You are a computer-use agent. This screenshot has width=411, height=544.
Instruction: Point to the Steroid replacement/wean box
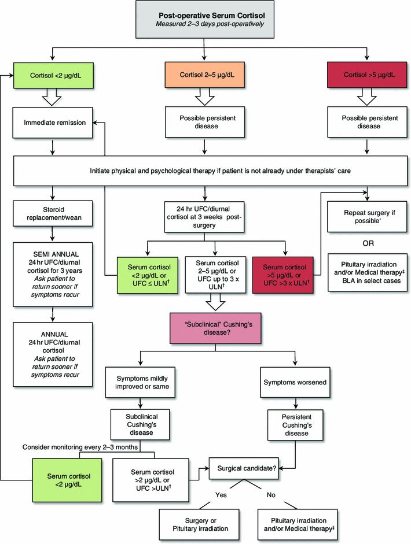(53, 210)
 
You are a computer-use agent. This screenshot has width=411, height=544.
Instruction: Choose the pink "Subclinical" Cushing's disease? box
(216, 328)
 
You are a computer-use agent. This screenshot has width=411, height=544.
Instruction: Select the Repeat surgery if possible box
(366, 216)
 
